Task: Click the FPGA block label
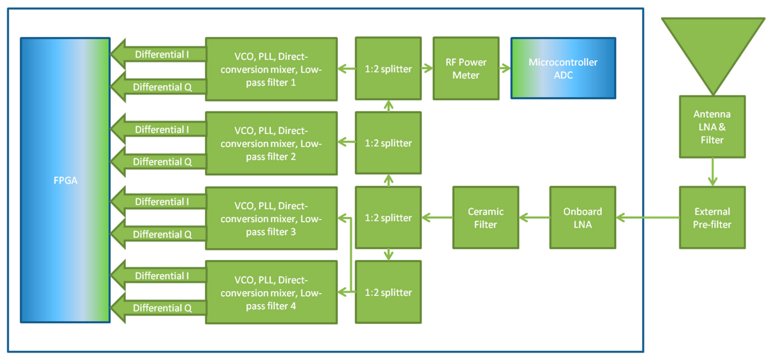click(65, 180)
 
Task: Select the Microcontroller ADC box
click(563, 68)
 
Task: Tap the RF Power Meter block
click(466, 68)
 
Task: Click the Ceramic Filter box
click(486, 218)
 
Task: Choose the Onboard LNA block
click(582, 218)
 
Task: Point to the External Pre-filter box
click(712, 218)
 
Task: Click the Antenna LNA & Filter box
click(712, 127)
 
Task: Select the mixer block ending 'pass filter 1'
click(271, 69)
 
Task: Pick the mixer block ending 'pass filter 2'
click(271, 143)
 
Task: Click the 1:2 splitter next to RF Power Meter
click(388, 69)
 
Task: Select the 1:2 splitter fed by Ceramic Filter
click(388, 218)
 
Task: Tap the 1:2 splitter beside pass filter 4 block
click(388, 292)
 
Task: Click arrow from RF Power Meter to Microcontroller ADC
click(505, 68)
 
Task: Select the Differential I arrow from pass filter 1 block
click(159, 54)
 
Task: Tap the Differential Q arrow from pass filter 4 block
click(159, 308)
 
